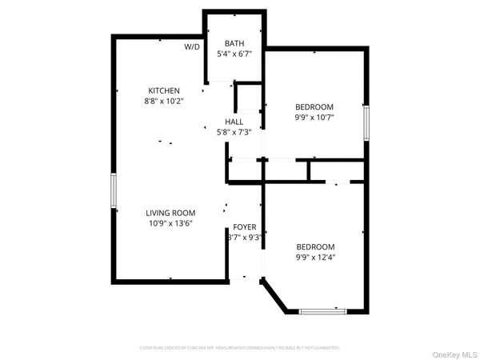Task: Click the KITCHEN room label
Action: pyautogui.click(x=163, y=90)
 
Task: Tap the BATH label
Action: pyautogui.click(x=234, y=44)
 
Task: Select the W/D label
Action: pyautogui.click(x=192, y=47)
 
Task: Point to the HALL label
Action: pyautogui.click(x=234, y=122)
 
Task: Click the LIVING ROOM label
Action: pyautogui.click(x=170, y=213)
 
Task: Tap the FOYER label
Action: pyautogui.click(x=245, y=227)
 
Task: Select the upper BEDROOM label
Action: pyautogui.click(x=314, y=107)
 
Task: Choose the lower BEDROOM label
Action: pyautogui.click(x=315, y=247)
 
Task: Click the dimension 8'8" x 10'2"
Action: pyautogui.click(x=163, y=102)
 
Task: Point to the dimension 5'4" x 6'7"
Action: pyautogui.click(x=234, y=54)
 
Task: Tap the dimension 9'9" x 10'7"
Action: pyautogui.click(x=314, y=118)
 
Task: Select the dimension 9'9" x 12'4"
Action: pyautogui.click(x=315, y=258)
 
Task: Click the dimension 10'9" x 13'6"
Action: pyautogui.click(x=170, y=223)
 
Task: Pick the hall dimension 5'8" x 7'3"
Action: pyautogui.click(x=234, y=132)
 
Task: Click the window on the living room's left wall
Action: pyautogui.click(x=114, y=191)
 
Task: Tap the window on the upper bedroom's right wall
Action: pyautogui.click(x=366, y=124)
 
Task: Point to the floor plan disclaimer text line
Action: pyautogui.click(x=240, y=348)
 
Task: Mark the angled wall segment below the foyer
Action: pyautogui.click(x=275, y=295)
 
